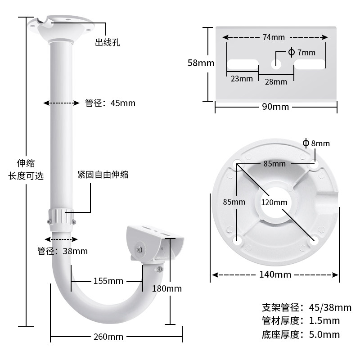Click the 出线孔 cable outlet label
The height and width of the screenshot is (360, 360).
point(108,43)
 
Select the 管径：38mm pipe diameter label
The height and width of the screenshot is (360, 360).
point(63,251)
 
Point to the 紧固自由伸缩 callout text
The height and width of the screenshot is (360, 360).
point(103,174)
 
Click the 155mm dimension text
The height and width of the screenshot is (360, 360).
point(108,281)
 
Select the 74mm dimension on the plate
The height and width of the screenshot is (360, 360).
point(275,37)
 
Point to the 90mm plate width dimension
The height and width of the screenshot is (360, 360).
point(275,107)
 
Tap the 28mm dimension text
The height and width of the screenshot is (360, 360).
point(275,81)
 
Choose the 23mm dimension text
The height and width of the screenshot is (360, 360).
point(242,79)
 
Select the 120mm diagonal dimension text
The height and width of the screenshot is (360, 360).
point(274,202)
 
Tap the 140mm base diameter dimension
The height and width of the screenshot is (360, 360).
point(275,274)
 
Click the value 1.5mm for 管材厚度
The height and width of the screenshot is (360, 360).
point(324,321)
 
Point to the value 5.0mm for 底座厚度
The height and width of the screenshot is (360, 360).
point(324,334)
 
